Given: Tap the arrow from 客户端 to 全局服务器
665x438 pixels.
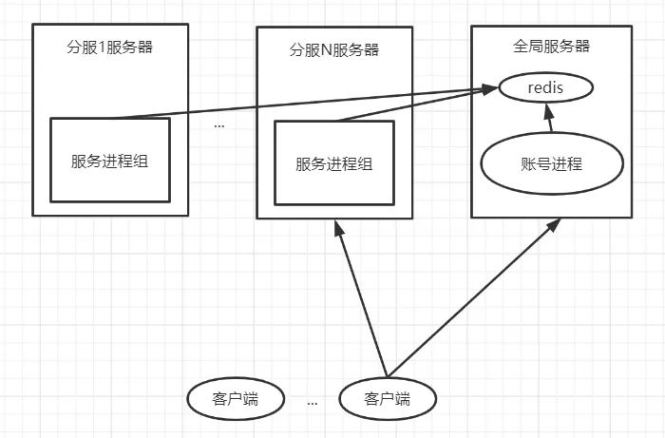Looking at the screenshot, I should (470, 300).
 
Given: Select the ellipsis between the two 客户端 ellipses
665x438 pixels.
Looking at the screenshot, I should (313, 403).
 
